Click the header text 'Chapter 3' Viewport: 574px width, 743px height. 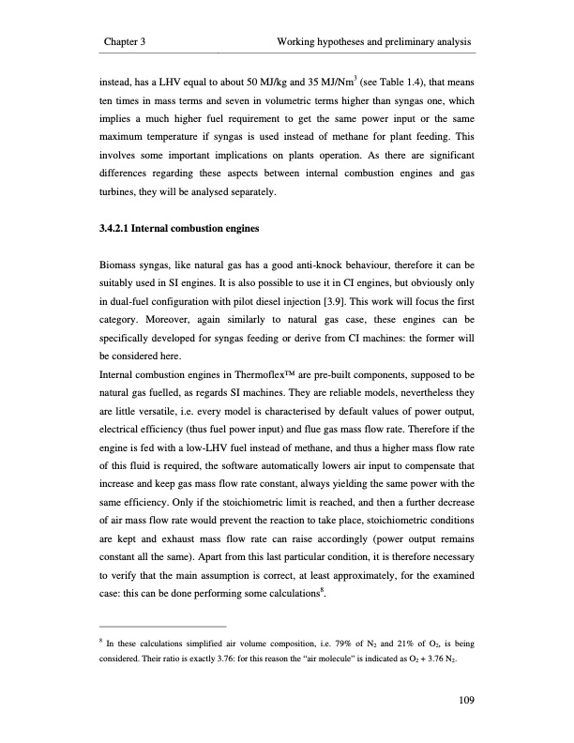tap(130, 43)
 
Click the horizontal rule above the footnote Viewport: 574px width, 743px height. tap(162, 626)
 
